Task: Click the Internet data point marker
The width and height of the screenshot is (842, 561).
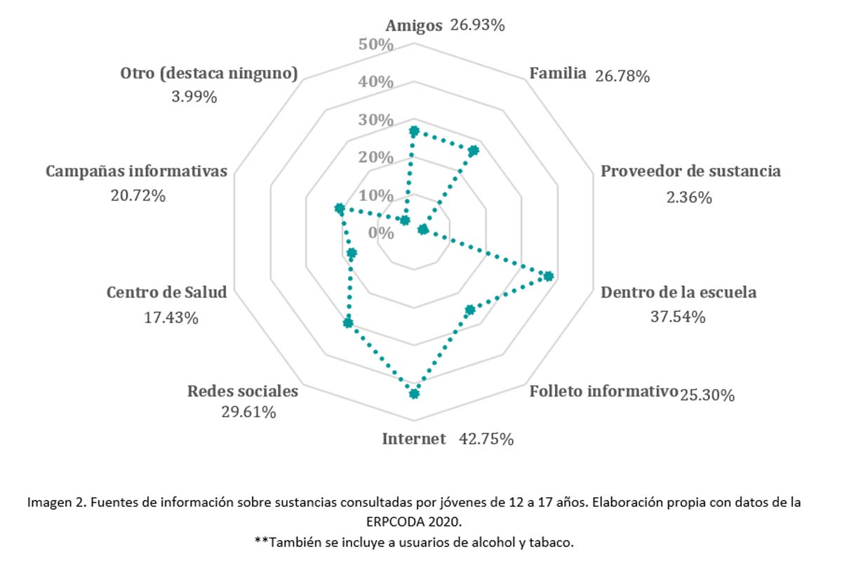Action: tap(414, 393)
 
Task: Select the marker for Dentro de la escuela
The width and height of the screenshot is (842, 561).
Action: tap(549, 276)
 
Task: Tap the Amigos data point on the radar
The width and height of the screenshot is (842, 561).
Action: tap(414, 131)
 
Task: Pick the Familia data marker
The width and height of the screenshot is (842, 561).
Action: tap(474, 150)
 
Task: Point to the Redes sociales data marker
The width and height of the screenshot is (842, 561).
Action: tap(348, 323)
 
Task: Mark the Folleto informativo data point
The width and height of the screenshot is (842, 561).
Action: tap(470, 309)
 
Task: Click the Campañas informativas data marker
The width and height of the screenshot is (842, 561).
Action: tap(340, 209)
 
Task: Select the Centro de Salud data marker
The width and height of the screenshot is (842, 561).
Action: tap(352, 253)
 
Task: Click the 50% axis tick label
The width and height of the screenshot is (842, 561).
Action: tap(375, 45)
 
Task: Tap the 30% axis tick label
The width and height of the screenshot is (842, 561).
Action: tap(375, 120)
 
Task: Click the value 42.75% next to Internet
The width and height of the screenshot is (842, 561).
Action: tap(486, 440)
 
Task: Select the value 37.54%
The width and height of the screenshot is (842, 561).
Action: tap(678, 317)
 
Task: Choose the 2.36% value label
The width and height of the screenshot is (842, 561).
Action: tap(690, 198)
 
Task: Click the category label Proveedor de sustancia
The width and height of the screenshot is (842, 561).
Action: tap(690, 171)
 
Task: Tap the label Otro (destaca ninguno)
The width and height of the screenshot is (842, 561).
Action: tap(209, 73)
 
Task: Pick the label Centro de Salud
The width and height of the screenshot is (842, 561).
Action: tap(167, 292)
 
